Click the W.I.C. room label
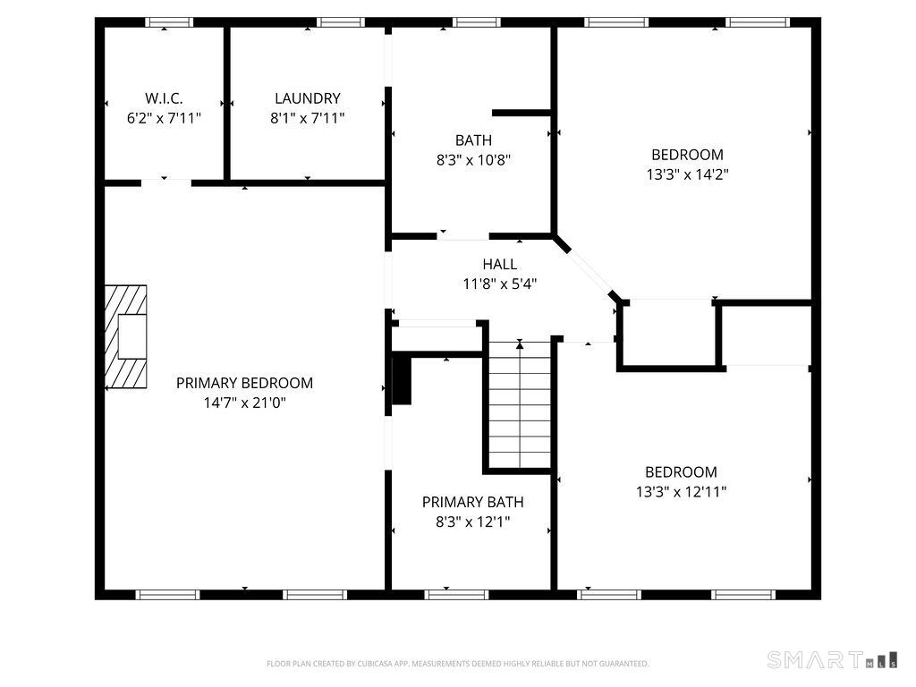pos(164,98)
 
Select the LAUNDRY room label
pos(307,98)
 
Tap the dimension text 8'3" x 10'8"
pos(473,160)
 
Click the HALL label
pos(499,264)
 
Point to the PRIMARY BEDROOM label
pos(244,383)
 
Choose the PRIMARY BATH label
pos(472,502)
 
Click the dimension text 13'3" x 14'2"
pos(687,174)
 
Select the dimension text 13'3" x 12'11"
pos(681,491)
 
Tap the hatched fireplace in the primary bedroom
pos(124,336)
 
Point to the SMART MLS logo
pos(831,660)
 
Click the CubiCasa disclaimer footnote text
pos(457,664)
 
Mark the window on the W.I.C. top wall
pos(168,22)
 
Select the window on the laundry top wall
pos(340,22)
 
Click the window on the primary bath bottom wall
pos(456,594)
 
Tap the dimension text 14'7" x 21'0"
pos(244,403)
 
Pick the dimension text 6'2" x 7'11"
pos(164,117)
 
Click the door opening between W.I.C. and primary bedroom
pos(165,182)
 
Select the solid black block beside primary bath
pos(401,381)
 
